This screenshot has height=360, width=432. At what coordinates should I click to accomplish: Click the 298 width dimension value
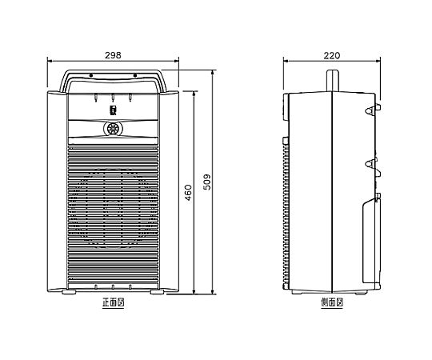pos(113,55)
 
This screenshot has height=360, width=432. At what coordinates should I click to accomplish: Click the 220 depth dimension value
pos(332,55)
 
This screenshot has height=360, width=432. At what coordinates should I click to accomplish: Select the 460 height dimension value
pos(188,193)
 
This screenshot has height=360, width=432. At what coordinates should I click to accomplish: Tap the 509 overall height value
pos(207,182)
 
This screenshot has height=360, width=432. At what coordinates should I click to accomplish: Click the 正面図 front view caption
pos(114,302)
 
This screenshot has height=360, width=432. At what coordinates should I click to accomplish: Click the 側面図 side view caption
pos(332,302)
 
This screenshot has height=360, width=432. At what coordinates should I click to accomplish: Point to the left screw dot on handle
pos(91,75)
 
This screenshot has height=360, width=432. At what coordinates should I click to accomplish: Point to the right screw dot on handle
pos(135,75)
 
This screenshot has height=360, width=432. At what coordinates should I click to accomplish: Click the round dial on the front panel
pos(113,128)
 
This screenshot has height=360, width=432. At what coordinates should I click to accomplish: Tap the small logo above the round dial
pos(113,110)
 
